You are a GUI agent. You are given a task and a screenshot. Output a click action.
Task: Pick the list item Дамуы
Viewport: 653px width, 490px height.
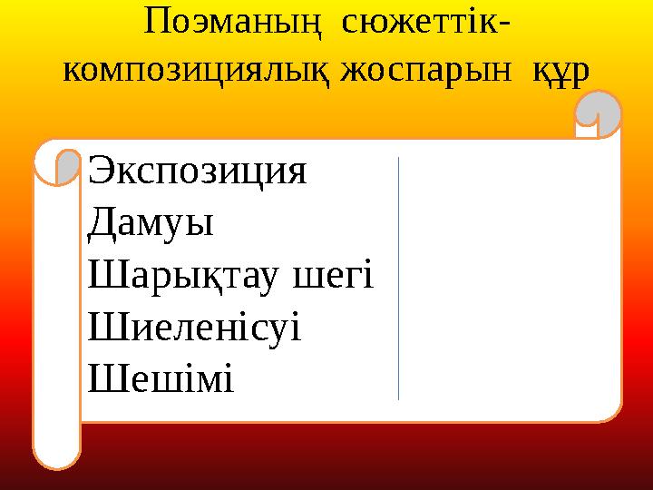point(151,224)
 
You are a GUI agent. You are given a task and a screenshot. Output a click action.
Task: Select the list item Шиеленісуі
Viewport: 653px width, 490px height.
point(195,326)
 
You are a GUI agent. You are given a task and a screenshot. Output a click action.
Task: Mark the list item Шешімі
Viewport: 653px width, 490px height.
point(161,377)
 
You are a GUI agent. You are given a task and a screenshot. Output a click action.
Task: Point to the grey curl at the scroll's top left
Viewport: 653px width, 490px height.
point(68,166)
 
